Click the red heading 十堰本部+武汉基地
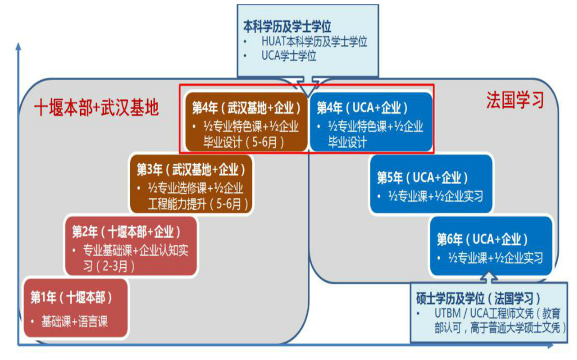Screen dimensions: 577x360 (x=96, y=108)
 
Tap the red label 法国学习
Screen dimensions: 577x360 (x=515, y=100)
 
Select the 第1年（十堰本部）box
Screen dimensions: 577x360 (x=76, y=308)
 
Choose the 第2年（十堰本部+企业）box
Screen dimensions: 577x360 (x=131, y=246)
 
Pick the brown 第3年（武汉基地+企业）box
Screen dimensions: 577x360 (x=191, y=184)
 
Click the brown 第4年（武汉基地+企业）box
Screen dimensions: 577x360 (x=246, y=122)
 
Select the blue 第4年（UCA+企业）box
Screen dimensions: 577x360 (x=371, y=122)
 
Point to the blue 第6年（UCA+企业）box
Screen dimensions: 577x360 (x=491, y=246)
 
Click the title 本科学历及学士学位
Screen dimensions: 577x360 (x=287, y=26)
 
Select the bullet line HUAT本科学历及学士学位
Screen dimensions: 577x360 (x=314, y=42)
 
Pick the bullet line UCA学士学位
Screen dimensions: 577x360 (x=289, y=56)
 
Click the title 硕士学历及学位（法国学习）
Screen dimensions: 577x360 (x=478, y=298)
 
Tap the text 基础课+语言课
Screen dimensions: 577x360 (x=74, y=322)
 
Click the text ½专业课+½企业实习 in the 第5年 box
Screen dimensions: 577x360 (x=435, y=196)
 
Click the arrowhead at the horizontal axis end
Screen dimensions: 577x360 (x=549, y=346)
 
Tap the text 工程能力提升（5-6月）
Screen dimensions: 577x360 (x=198, y=204)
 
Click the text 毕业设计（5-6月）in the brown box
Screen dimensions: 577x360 (x=244, y=142)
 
